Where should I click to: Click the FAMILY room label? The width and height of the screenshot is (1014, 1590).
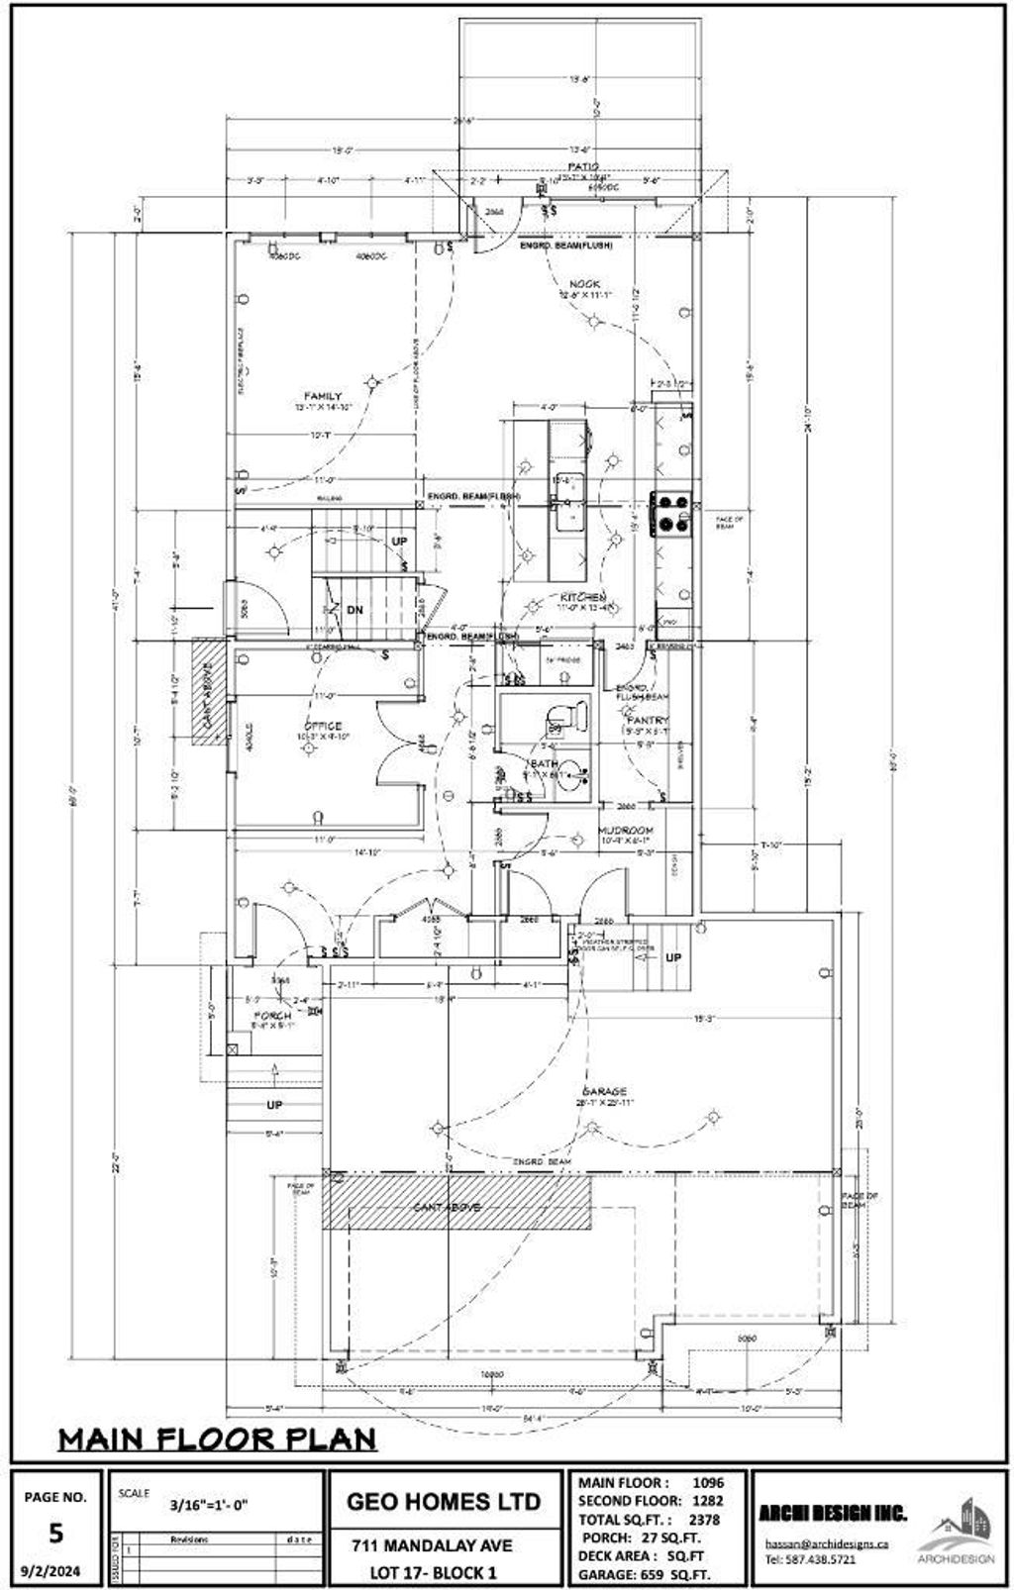(x=323, y=396)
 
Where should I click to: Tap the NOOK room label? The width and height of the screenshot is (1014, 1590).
(x=584, y=284)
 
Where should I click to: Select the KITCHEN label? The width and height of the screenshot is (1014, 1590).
(x=583, y=598)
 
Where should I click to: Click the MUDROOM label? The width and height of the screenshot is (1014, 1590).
(x=626, y=830)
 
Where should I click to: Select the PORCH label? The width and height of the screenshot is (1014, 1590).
(x=272, y=1016)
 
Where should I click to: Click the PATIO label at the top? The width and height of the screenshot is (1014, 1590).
(x=583, y=166)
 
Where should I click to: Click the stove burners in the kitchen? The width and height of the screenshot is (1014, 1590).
(x=669, y=512)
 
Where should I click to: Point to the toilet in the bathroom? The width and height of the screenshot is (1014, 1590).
(x=564, y=715)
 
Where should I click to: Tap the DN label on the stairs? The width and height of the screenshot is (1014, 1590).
(x=355, y=610)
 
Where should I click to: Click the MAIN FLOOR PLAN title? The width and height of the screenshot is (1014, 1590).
(x=217, y=1438)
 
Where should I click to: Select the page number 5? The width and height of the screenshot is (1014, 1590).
(x=55, y=1533)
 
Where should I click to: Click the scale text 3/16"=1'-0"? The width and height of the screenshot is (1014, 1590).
(x=209, y=1505)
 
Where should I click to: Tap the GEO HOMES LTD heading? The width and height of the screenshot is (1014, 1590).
(x=444, y=1501)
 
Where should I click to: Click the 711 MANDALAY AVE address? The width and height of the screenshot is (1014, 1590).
(x=433, y=1545)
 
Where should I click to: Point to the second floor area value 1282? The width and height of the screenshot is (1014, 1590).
(x=708, y=1500)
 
